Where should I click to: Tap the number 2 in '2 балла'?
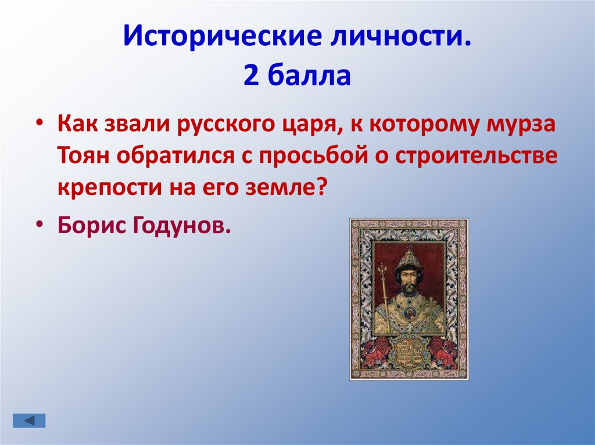pos(251,75)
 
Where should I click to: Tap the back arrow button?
pos(28,420)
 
